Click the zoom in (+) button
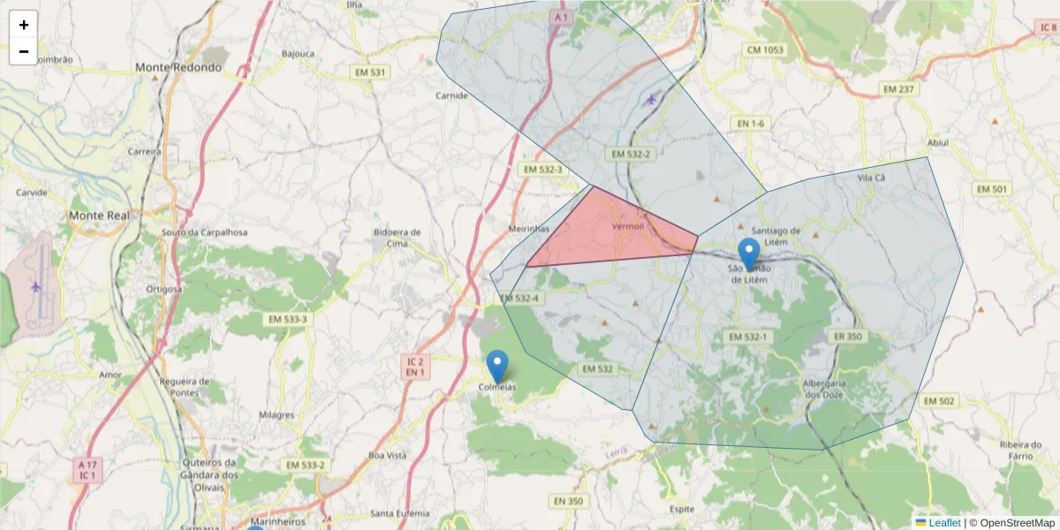[24, 25]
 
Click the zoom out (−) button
[24, 51]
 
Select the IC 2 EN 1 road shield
[415, 367]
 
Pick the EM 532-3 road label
[541, 169]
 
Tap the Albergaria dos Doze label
[824, 389]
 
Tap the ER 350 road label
[846, 337]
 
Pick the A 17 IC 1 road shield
[87, 470]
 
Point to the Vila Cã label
[871, 178]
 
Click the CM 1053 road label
[765, 50]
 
